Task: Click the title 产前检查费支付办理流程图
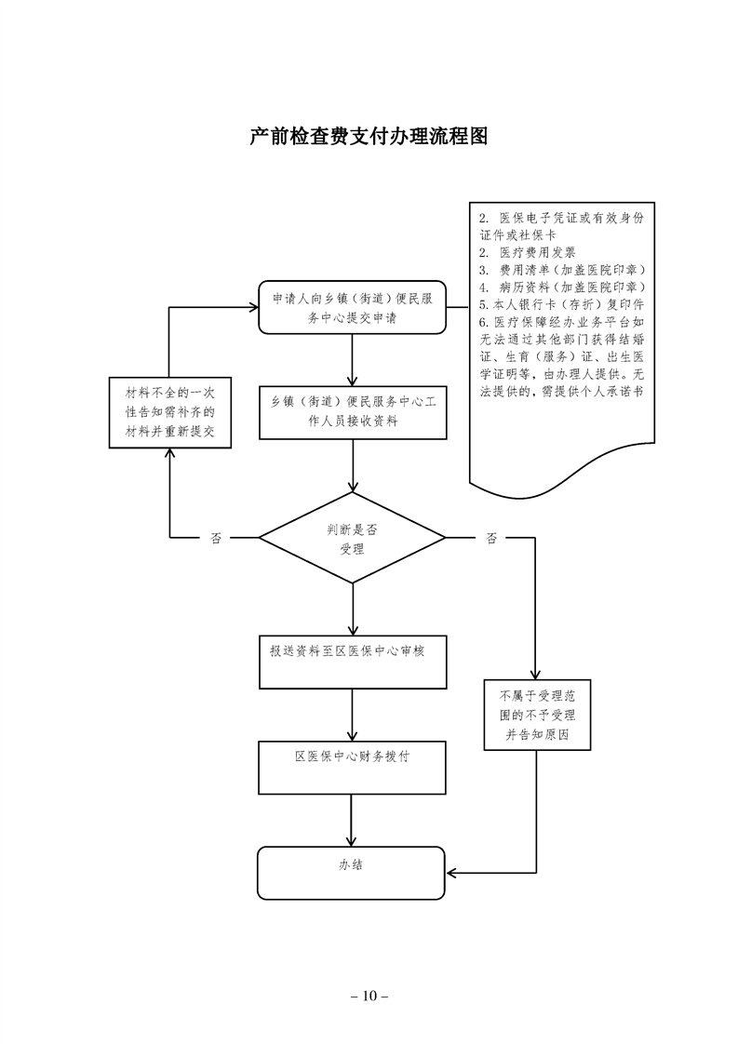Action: coord(369,137)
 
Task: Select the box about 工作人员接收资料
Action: coord(352,412)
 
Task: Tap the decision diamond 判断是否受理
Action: coord(352,538)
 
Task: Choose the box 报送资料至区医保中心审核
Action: coord(352,661)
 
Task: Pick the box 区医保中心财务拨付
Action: coord(352,765)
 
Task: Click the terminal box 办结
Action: coord(352,873)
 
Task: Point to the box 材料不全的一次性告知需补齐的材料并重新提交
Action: coord(169,412)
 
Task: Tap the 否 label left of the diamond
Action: coord(216,538)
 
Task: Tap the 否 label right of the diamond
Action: coord(490,538)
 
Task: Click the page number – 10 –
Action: coord(369,996)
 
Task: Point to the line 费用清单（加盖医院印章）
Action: coord(562,270)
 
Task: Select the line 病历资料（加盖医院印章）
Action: coord(562,287)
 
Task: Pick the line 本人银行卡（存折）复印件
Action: coord(562,304)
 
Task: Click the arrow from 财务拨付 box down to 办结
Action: coord(352,819)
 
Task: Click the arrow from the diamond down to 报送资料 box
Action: coord(352,609)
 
